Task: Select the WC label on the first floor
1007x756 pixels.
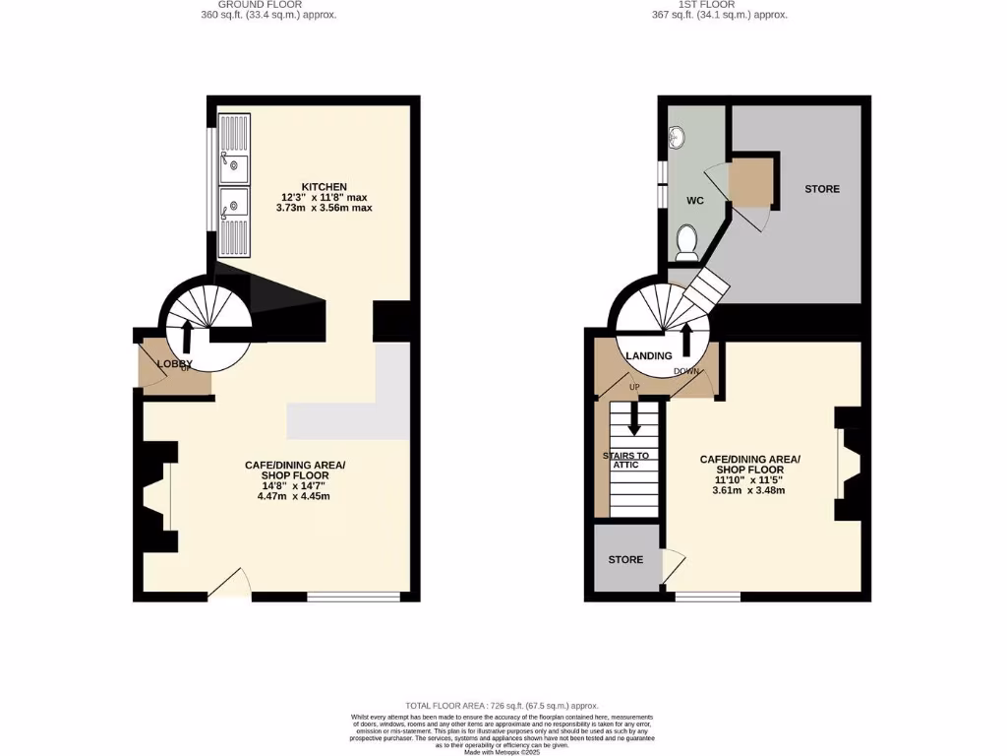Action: pyautogui.click(x=694, y=201)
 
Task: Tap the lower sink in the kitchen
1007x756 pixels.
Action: pyautogui.click(x=234, y=207)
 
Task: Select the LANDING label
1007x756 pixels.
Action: pyautogui.click(x=649, y=355)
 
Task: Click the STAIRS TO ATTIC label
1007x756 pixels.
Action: pyautogui.click(x=625, y=460)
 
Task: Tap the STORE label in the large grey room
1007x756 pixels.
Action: pyautogui.click(x=822, y=189)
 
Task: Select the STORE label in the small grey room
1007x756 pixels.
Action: pyautogui.click(x=625, y=560)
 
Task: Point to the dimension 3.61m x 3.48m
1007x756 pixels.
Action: pyautogui.click(x=749, y=490)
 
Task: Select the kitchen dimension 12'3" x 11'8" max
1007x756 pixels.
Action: pyautogui.click(x=325, y=197)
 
